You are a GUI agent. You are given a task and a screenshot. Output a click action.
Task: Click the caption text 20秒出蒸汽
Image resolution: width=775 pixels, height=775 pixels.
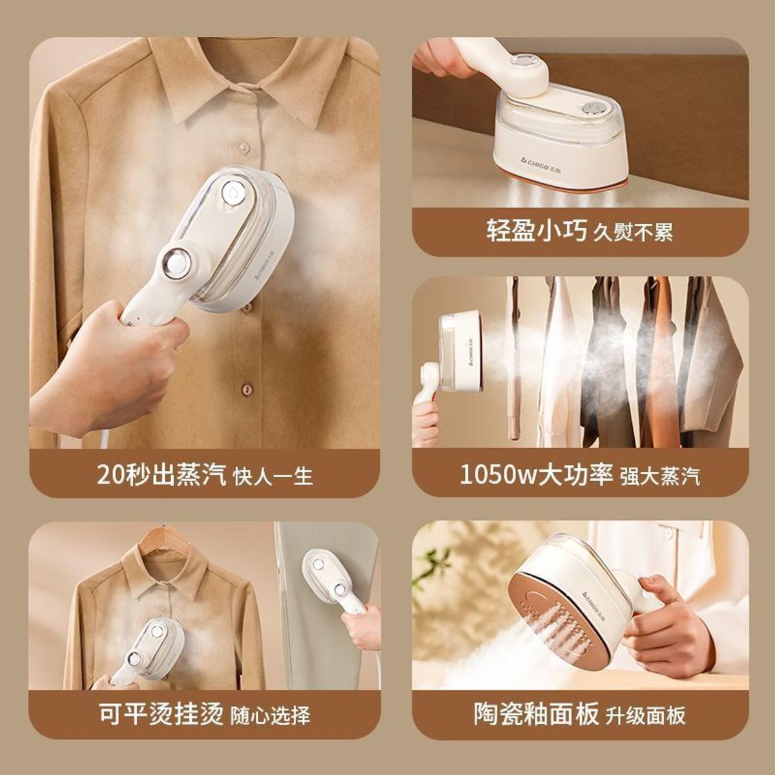[161, 475]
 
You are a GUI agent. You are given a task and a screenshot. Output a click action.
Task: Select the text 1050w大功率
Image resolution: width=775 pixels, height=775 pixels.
[535, 475]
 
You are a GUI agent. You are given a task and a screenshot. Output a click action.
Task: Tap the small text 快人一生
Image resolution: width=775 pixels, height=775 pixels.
[273, 476]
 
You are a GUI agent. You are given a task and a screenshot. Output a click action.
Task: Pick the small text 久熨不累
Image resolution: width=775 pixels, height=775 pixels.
[633, 232]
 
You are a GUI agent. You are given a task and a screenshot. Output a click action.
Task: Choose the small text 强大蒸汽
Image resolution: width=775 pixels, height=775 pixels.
[660, 477]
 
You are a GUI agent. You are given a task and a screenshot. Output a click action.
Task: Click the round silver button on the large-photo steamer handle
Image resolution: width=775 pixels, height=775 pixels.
[177, 263]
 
